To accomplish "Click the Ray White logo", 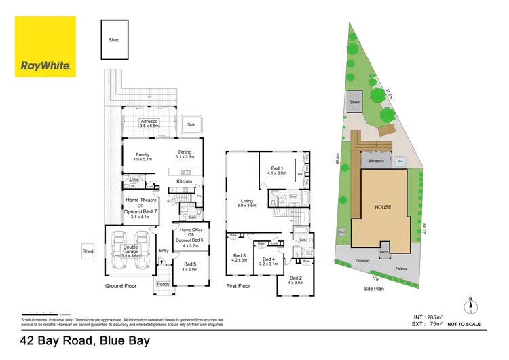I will [x=45, y=47].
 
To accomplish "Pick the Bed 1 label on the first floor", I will [x=276, y=170].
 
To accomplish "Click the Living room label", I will [x=247, y=202].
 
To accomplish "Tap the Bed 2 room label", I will [x=295, y=281].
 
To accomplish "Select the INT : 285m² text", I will [x=429, y=317].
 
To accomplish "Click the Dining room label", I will [x=185, y=154].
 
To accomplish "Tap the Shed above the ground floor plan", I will [x=114, y=40].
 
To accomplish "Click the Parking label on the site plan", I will [x=402, y=268].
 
